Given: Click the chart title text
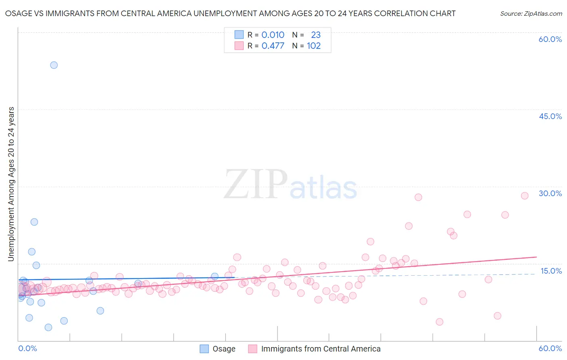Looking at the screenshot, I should tap(230, 13).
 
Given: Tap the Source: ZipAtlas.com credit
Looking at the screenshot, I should tap(531, 13).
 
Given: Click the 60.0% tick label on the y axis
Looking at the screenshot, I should tap(550, 39).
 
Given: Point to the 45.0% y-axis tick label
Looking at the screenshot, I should tap(550, 116).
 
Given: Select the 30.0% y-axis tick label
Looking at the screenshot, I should tap(550, 193).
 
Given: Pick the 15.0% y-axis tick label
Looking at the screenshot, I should tap(551, 271).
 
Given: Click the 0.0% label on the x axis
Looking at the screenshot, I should tap(27, 348).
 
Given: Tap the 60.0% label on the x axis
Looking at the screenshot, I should tap(550, 348).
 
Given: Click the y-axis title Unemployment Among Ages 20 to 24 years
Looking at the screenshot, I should tap(11, 184).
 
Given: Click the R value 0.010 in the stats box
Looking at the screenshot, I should tap(273, 35).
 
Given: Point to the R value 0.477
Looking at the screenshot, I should tap(273, 46).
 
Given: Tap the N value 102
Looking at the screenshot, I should tap(314, 46).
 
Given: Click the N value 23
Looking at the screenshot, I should tap(316, 35).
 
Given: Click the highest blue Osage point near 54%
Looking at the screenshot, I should tap(54, 65).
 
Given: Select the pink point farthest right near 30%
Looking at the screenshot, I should tap(525, 196).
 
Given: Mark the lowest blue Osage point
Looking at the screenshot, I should tap(48, 327).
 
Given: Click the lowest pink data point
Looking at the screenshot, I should tap(440, 322).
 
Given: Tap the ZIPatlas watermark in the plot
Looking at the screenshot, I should tap(290, 185).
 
